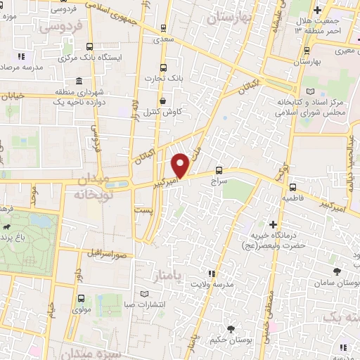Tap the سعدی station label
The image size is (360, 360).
pyautogui.click(x=163, y=41)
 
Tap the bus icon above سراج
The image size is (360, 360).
pyautogui.click(x=219, y=170)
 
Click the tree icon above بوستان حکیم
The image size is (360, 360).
pyautogui.click(x=232, y=329)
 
